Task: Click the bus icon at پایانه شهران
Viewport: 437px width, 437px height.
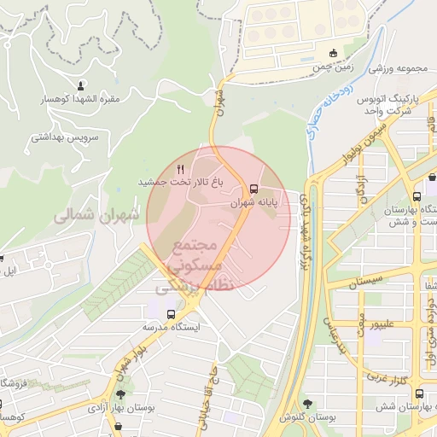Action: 253,189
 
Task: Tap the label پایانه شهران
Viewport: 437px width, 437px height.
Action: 254,205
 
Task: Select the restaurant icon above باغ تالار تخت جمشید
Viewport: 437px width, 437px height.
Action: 180,169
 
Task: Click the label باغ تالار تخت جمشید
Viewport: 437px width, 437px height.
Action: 180,183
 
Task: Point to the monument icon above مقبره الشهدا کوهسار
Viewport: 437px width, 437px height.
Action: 82,85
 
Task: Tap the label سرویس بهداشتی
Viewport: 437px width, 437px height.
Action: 66,137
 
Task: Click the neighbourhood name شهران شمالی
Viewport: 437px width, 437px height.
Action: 96,216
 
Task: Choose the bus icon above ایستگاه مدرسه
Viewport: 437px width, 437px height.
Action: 172,313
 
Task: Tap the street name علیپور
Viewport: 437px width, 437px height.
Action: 379,323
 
